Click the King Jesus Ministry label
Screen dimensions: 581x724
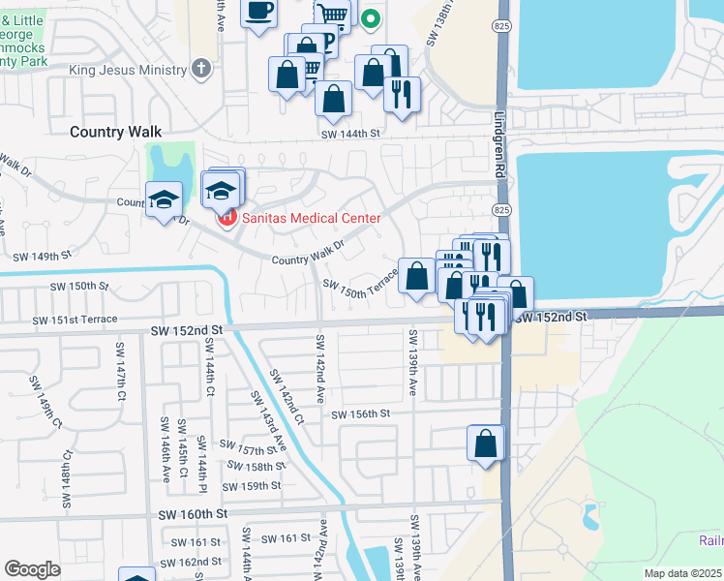(128, 70)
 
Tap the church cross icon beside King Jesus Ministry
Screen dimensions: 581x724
(200, 68)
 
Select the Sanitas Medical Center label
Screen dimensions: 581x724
(311, 217)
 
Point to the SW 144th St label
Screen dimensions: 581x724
(352, 134)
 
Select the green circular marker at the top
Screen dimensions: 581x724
(371, 16)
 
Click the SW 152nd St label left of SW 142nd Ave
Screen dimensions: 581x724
(187, 330)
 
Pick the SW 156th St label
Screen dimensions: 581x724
(360, 413)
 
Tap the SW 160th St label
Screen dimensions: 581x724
(193, 512)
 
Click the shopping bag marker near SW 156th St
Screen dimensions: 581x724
(486, 443)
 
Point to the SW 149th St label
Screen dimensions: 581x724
(42, 257)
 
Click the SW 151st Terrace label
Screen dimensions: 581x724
(75, 320)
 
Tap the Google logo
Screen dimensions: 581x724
(33, 569)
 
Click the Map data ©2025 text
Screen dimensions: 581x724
(682, 573)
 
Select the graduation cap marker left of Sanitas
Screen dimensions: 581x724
(164, 199)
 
